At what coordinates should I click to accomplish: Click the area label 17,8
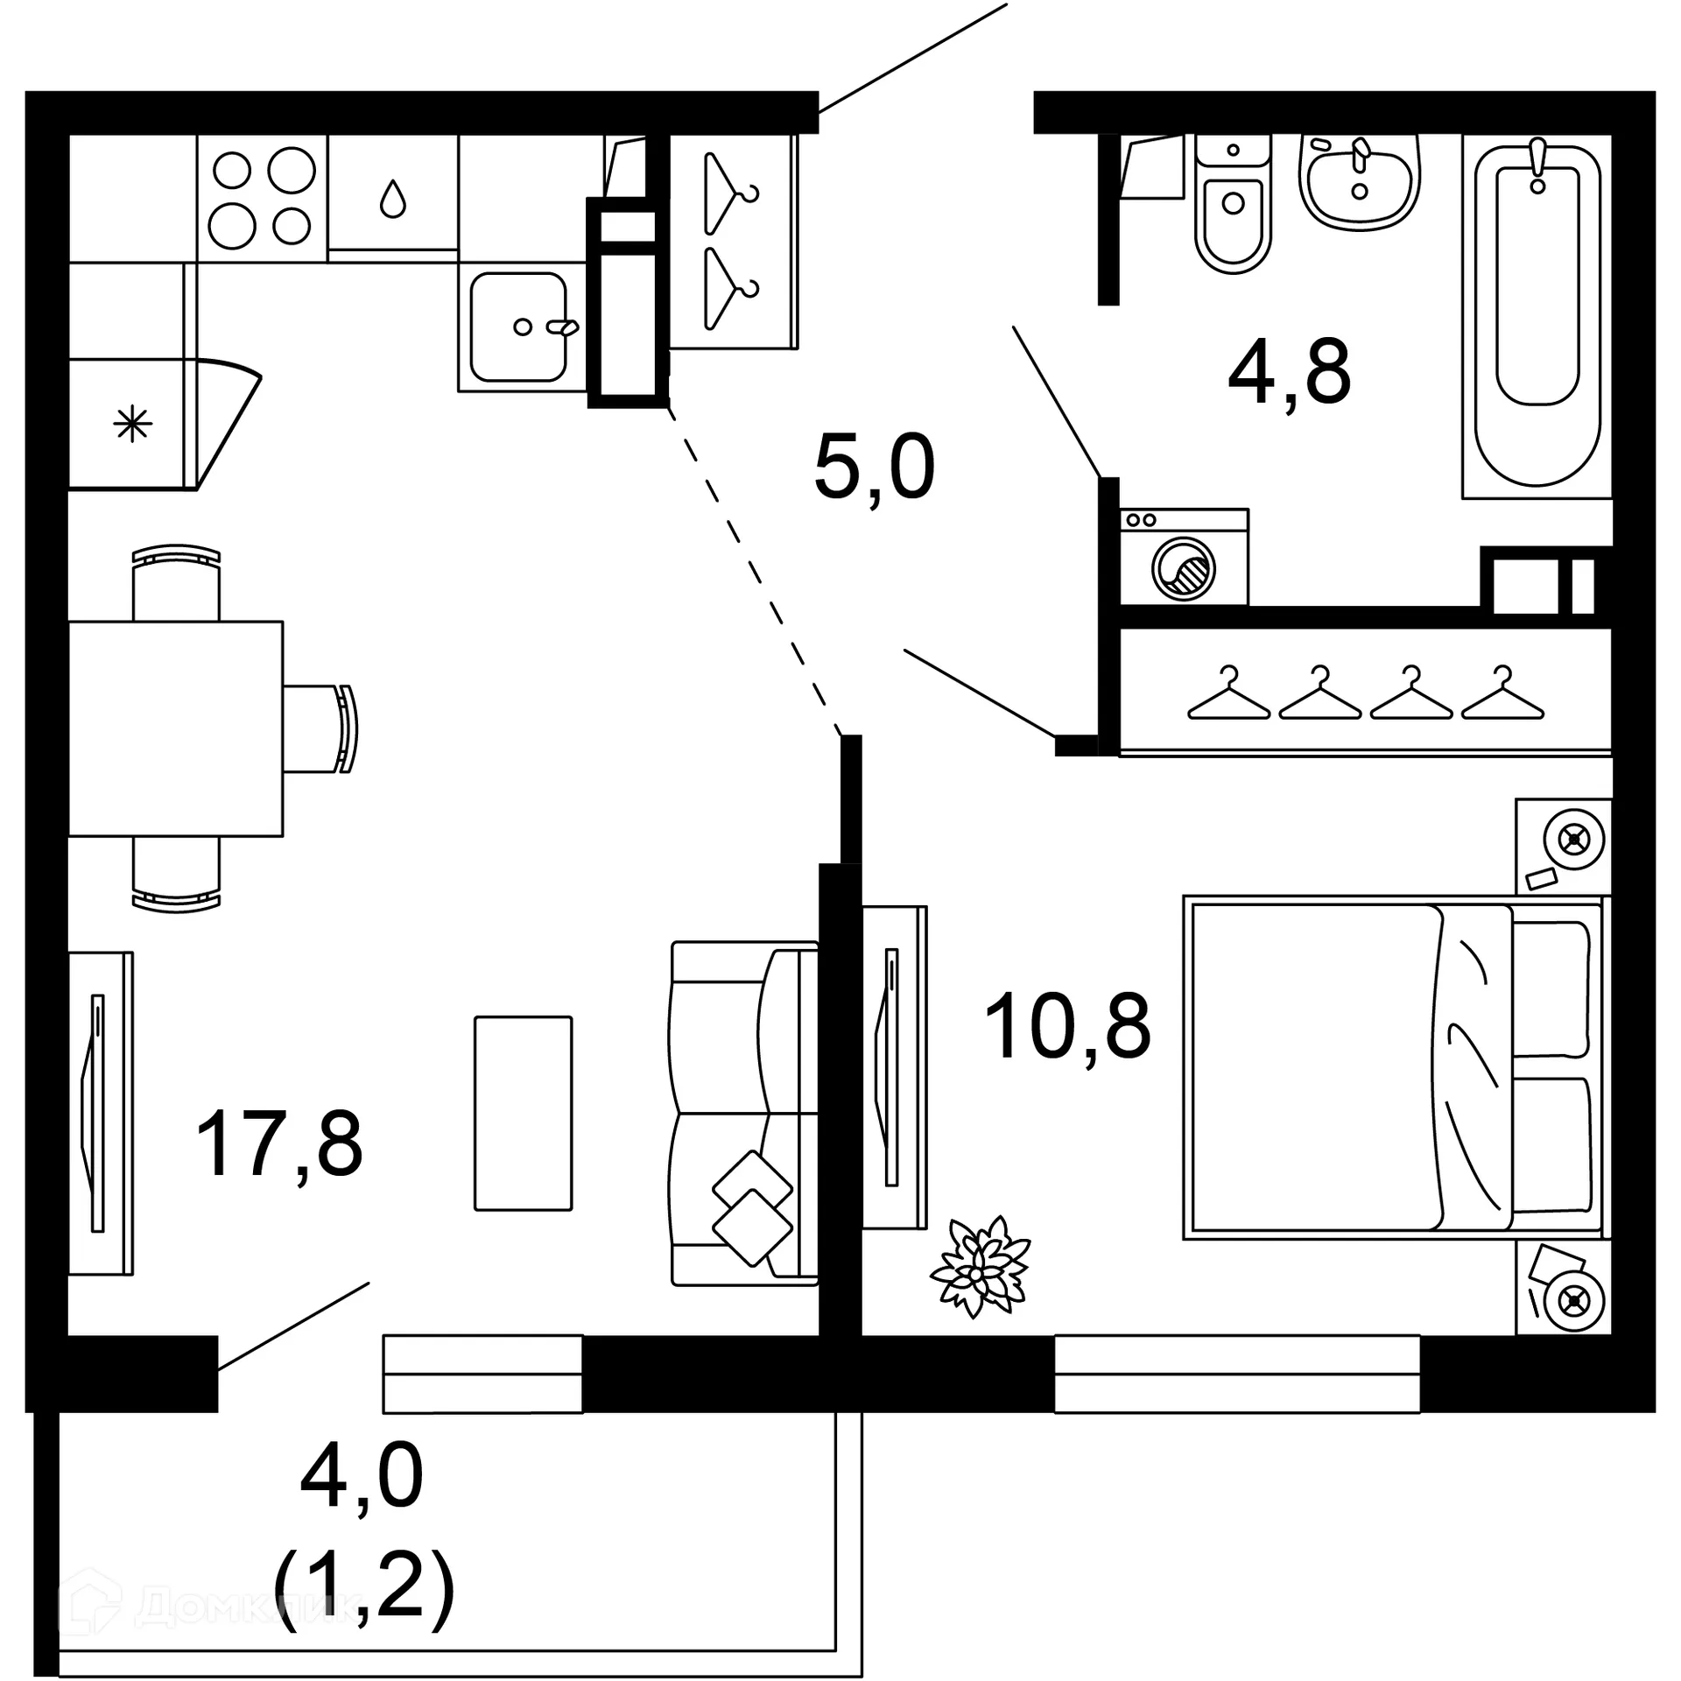click(x=278, y=1143)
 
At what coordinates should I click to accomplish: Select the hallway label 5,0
click(x=874, y=468)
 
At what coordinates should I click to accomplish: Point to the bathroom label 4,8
click(x=1289, y=373)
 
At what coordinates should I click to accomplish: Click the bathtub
click(x=1537, y=315)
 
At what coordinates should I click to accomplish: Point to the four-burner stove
click(x=262, y=198)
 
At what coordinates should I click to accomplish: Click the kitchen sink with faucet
click(x=518, y=327)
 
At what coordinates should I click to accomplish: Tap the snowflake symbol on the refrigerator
click(x=132, y=425)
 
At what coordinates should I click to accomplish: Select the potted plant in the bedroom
click(x=980, y=1267)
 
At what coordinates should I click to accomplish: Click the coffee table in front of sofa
click(x=523, y=1113)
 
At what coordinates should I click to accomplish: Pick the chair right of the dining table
click(x=320, y=728)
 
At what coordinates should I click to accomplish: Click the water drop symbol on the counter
click(x=393, y=199)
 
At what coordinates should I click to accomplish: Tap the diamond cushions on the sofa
click(x=752, y=1208)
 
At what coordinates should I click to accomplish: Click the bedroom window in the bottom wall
click(x=1236, y=1374)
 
